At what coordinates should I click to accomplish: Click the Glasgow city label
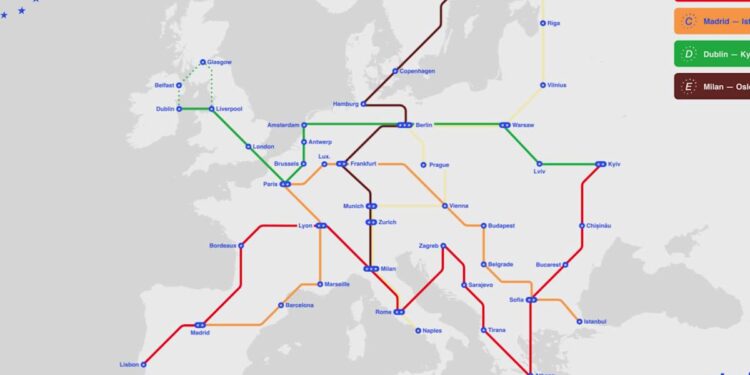tap(219, 62)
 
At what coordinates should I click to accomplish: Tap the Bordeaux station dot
tap(241, 245)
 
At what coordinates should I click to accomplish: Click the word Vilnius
tap(556, 85)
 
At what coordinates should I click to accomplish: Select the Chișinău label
tap(597, 226)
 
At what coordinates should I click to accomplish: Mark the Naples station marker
tap(417, 330)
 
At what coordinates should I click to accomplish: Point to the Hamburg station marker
tap(364, 103)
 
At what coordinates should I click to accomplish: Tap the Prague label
tap(439, 164)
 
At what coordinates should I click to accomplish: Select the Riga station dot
tap(543, 22)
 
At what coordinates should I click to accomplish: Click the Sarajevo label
tap(480, 285)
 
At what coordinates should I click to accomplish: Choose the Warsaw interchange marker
tap(505, 125)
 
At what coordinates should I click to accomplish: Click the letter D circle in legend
tap(688, 54)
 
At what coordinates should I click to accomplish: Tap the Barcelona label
tap(299, 305)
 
